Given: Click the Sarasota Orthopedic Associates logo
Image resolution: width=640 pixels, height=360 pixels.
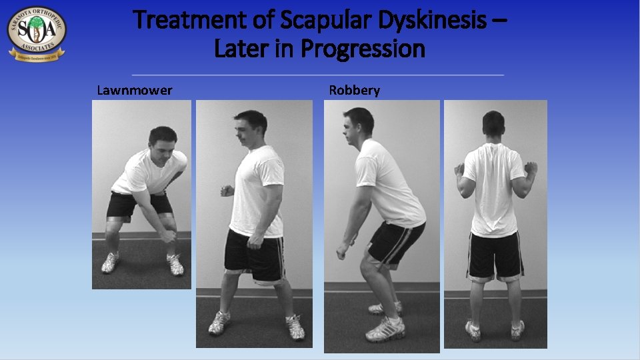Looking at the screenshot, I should [x=37, y=33].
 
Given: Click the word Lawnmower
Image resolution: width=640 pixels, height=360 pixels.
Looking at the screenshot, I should [x=134, y=90].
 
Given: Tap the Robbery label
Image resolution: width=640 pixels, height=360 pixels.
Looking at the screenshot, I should [x=354, y=90].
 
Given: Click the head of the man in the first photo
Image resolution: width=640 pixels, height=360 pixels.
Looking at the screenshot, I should [x=162, y=141].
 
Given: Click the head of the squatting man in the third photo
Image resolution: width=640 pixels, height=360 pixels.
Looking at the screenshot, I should [x=358, y=124].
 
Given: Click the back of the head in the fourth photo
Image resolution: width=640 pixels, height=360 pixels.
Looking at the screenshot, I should [x=493, y=125].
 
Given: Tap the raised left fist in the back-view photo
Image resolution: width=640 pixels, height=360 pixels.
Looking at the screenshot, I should [x=459, y=170].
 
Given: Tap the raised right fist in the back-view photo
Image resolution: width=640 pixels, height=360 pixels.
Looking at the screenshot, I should [x=531, y=168].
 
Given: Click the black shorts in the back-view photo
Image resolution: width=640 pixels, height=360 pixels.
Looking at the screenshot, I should [x=494, y=255].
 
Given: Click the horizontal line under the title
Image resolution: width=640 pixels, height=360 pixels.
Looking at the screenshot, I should [x=317, y=75].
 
